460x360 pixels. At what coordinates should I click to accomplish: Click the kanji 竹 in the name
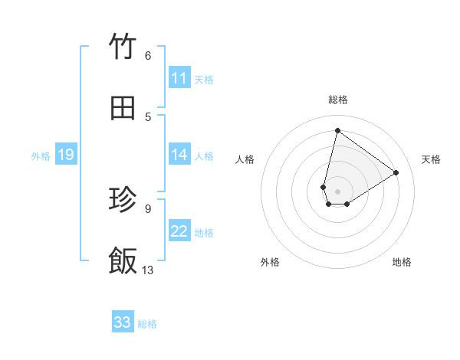coord(123,47)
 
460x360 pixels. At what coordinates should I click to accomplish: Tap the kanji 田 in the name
coord(123,108)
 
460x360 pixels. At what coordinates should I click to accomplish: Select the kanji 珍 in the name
coord(123,200)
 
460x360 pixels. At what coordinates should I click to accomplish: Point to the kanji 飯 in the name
coord(123,260)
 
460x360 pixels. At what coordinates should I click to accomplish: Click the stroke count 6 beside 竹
coord(147,56)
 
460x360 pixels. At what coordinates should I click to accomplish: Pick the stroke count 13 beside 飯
coord(148,270)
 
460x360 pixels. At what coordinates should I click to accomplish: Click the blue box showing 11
coord(179,78)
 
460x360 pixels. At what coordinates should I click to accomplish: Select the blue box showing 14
coord(179,155)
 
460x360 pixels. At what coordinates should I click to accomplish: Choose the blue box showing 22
coord(179,231)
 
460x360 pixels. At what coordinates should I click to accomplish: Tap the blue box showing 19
coord(66,155)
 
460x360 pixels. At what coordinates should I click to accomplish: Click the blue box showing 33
coord(123,322)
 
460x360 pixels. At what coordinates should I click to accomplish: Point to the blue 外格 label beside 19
coord(41,156)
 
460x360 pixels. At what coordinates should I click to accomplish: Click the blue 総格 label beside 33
coord(147,324)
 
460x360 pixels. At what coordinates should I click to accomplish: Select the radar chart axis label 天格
coord(431,159)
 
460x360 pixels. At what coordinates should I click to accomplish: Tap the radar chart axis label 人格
coord(245,159)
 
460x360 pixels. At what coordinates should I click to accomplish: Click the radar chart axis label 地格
coord(402,262)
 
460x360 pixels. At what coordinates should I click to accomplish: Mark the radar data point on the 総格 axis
coord(337,130)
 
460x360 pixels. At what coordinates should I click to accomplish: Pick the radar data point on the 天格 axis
coord(396,172)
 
